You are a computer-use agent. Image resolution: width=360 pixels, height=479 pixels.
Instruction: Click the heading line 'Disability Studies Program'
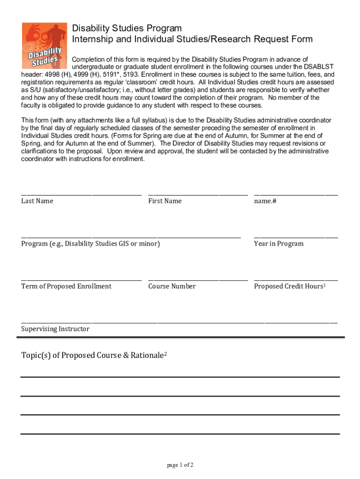coord(127,29)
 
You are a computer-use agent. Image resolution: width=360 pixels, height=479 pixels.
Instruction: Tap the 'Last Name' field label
coord(37,201)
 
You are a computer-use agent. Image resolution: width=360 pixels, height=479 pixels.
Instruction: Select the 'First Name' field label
coord(165,201)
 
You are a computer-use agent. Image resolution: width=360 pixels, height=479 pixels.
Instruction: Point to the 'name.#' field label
coord(265,201)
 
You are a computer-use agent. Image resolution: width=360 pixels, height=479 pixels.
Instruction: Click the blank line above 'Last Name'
coord(81,193)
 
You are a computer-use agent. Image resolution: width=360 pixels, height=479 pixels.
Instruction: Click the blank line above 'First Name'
coord(198,193)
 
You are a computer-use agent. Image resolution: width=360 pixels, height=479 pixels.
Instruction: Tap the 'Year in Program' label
coord(279,244)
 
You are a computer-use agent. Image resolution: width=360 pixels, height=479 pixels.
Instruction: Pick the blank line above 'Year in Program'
coord(295,236)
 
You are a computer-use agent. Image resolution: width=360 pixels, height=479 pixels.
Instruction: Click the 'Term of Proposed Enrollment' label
coord(66,286)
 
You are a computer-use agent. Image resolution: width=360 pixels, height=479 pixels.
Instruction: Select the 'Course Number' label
coord(172,286)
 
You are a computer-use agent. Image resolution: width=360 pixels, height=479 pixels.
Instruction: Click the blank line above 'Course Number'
coord(198,279)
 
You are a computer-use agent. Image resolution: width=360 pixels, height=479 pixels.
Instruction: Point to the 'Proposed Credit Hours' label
coord(288,286)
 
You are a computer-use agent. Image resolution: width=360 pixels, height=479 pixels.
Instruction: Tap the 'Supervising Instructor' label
coord(55,329)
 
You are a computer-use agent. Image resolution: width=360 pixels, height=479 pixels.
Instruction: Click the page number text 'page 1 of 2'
coord(180,465)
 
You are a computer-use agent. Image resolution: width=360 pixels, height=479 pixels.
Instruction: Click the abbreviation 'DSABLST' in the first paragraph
coord(319,67)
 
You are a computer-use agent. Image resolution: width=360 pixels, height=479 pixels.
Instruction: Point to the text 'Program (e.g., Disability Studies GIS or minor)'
coord(90,244)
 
